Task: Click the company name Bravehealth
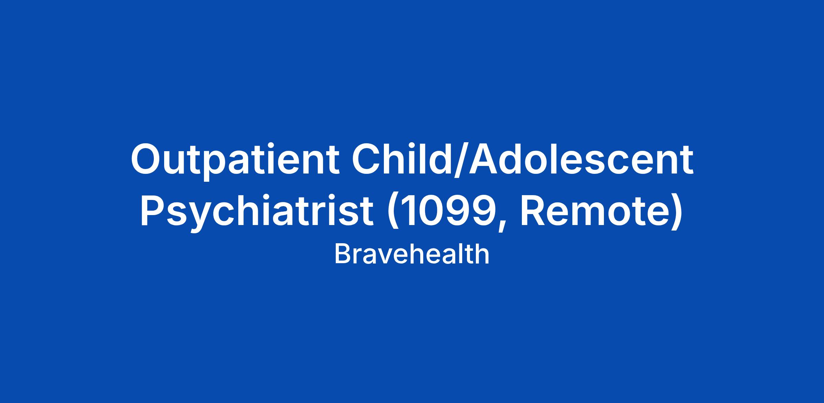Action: (412, 254)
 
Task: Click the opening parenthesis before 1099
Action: (391, 211)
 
